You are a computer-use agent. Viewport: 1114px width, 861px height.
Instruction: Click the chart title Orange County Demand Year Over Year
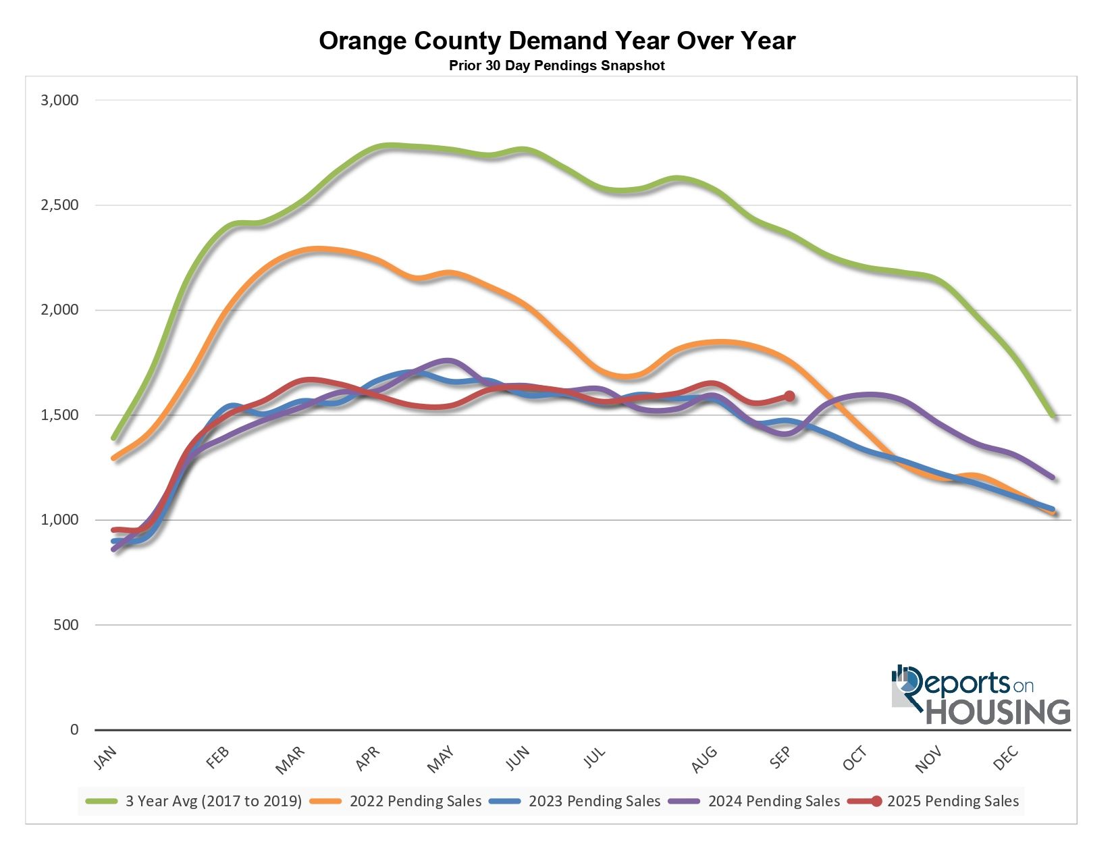coord(557,41)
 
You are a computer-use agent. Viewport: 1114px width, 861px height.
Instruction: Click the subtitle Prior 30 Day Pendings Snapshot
coord(557,66)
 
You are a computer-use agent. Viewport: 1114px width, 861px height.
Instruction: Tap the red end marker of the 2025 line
coord(789,396)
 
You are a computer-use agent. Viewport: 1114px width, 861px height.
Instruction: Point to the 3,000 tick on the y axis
coord(60,101)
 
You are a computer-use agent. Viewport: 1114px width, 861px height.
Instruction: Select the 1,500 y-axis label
coord(60,415)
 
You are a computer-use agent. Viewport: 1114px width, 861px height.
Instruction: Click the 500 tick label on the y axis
coord(66,625)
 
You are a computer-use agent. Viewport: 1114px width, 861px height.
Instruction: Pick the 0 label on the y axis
coord(74,730)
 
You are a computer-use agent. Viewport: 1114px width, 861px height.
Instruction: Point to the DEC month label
coord(1006,758)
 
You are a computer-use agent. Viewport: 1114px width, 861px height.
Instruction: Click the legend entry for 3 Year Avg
coord(213,802)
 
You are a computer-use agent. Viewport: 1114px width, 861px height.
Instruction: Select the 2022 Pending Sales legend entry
coord(415,802)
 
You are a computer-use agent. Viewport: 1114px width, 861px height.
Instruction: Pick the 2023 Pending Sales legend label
coord(594,802)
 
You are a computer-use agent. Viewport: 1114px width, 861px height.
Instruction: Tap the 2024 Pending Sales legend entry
coord(774,802)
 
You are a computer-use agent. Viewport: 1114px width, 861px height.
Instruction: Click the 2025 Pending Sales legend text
coord(953,802)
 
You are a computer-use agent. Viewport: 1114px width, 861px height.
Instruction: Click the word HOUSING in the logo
coord(998,712)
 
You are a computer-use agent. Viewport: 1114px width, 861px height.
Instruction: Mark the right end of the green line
coord(1052,416)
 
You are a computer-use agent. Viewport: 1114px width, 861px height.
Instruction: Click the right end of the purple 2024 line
coord(1052,477)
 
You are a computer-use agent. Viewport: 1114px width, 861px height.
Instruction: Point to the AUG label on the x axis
coord(704,758)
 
